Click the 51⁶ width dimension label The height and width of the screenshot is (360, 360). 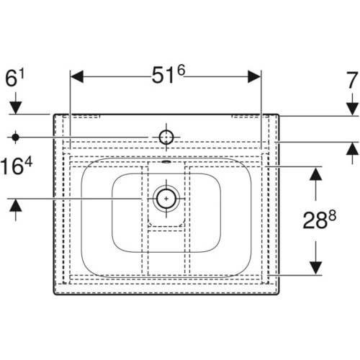168,74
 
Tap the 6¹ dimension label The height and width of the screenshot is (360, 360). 14,78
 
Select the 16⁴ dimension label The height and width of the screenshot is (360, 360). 16,166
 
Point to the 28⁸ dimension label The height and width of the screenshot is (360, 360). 319,219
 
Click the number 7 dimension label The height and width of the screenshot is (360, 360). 351,81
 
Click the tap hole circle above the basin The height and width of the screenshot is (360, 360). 166,138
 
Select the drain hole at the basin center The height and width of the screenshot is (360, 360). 166,199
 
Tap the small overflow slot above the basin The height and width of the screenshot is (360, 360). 166,161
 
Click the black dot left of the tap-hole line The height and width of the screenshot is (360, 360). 16,138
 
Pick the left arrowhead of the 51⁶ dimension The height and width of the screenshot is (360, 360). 77,77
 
